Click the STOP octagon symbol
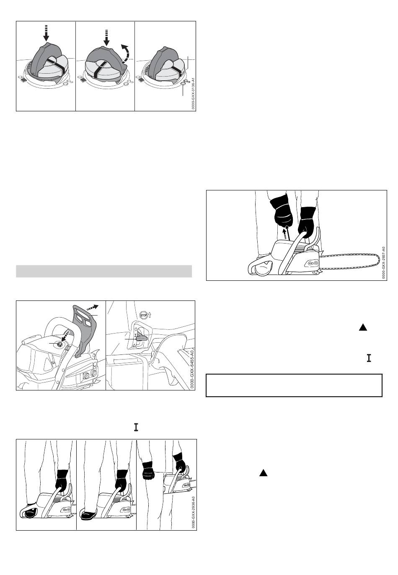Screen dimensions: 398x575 pyautogui.click(x=143, y=315)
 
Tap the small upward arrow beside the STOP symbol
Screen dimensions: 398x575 pyautogui.click(x=150, y=314)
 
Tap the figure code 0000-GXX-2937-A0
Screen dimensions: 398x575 pyautogui.click(x=384, y=263)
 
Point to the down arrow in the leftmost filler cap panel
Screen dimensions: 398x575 pyautogui.click(x=46, y=33)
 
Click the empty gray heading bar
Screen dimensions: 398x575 pyautogui.click(x=104, y=271)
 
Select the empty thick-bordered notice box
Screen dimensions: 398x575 pyautogui.click(x=294, y=385)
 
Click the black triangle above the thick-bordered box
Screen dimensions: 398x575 pyautogui.click(x=363, y=327)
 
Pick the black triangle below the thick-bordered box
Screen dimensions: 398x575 pyautogui.click(x=263, y=472)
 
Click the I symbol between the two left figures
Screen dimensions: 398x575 pyautogui.click(x=136, y=427)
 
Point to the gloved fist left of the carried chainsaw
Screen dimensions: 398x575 pyautogui.click(x=148, y=470)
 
